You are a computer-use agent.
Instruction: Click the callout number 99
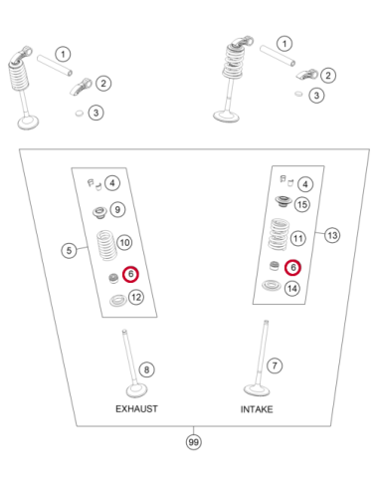(193, 442)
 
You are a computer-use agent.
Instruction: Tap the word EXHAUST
(136, 408)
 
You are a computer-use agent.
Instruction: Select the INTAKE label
(257, 409)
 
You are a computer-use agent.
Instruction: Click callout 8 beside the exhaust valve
(146, 369)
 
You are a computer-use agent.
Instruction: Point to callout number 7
(275, 366)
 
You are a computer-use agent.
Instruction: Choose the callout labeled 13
(332, 235)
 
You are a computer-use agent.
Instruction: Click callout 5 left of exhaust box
(69, 250)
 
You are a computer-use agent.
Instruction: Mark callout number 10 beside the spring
(124, 243)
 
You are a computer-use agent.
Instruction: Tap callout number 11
(298, 238)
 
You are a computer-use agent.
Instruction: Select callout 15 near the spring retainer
(302, 204)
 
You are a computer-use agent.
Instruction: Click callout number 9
(117, 210)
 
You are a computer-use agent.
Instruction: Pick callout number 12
(136, 297)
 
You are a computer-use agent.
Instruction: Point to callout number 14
(292, 288)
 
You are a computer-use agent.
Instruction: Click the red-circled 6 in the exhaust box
(130, 274)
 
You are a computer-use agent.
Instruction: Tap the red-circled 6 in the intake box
(293, 267)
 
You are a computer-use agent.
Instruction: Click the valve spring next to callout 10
(106, 246)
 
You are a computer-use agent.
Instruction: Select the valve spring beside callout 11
(279, 234)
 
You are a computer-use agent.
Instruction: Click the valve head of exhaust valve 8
(136, 390)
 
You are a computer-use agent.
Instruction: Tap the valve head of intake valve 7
(257, 390)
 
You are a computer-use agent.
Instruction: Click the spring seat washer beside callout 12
(118, 300)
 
